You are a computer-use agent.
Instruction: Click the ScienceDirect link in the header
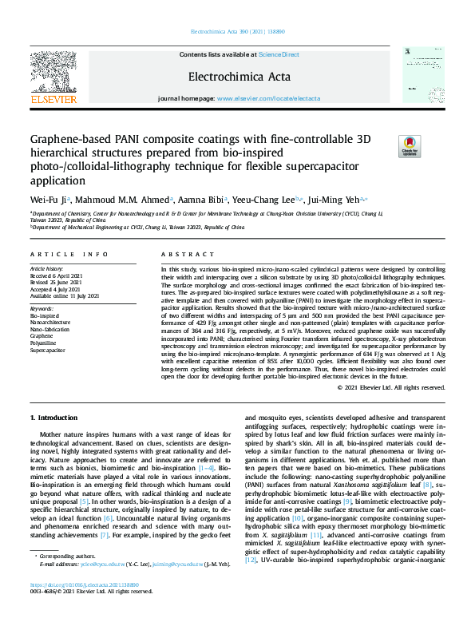coord(279,54)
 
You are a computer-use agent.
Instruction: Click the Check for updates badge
coord(409,145)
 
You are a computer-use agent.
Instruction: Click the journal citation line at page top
coord(237,33)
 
